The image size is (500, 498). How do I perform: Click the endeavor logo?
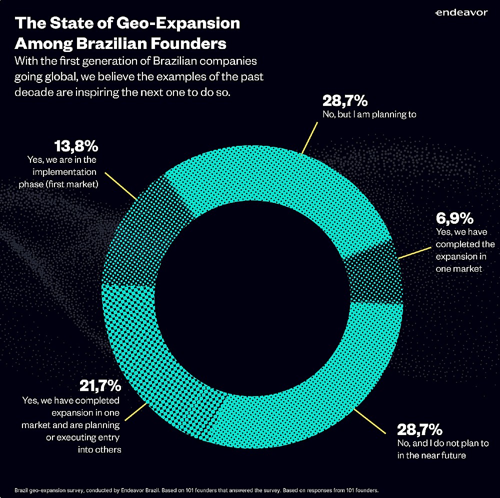pyautogui.click(x=460, y=12)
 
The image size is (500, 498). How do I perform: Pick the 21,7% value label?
pyautogui.click(x=100, y=386)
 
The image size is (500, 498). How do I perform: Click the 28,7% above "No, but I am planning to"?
pyautogui.click(x=345, y=101)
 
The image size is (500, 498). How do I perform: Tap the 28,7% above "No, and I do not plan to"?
pyautogui.click(x=419, y=429)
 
